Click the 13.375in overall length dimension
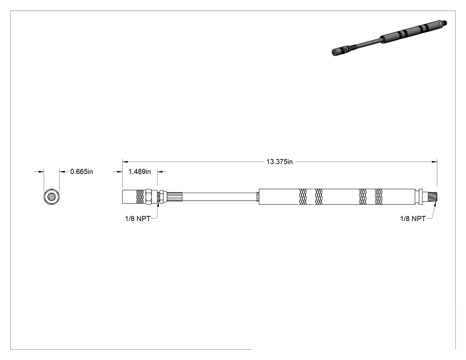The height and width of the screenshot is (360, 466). coord(279,162)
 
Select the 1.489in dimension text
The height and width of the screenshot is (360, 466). coord(140,171)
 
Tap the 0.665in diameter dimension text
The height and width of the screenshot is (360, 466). coord(82,171)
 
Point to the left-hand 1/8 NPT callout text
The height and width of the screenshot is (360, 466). coord(138,218)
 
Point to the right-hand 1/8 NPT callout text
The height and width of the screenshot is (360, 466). coord(413,218)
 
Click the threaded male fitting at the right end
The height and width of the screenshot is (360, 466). coord(431,197)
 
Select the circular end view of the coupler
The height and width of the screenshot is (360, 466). coord(51,197)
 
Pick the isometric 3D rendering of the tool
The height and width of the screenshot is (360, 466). coord(389,37)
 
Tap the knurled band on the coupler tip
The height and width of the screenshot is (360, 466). coord(140,197)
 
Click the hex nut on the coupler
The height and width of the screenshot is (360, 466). coord(148,197)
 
